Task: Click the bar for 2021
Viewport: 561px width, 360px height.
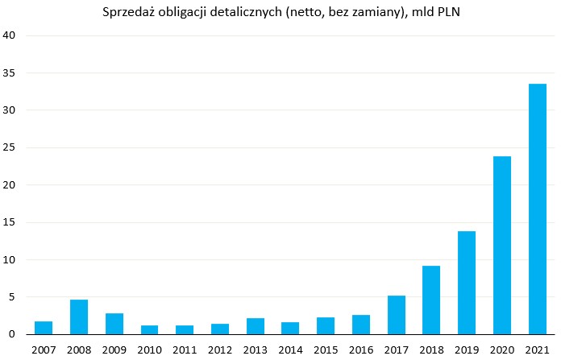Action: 537,209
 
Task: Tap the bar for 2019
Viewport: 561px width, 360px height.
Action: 467,283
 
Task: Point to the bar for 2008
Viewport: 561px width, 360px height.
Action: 79,317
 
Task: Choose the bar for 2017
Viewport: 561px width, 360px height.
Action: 396,315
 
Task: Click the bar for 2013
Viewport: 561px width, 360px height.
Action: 255,326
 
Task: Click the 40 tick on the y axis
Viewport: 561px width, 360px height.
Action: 10,35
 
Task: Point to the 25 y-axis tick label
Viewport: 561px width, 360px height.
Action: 10,147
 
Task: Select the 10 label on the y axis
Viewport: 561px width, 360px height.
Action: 10,259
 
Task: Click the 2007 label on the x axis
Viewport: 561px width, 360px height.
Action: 44,350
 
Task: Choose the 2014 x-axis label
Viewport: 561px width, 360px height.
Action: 290,350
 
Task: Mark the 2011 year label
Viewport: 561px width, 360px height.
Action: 185,350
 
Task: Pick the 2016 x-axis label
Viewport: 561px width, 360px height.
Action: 360,350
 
